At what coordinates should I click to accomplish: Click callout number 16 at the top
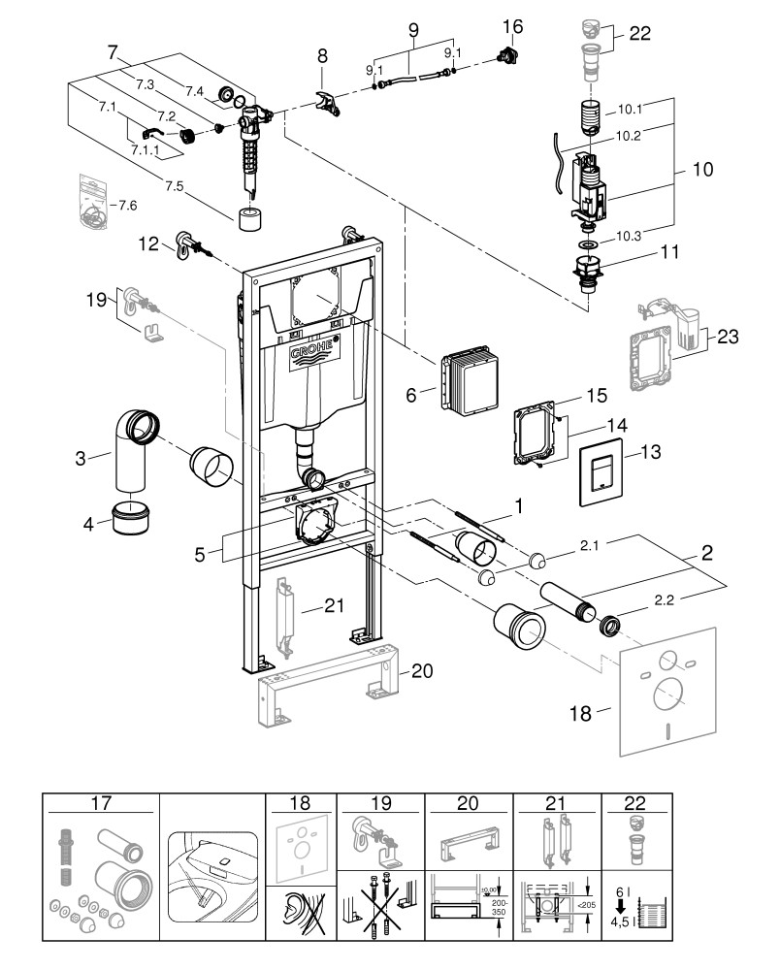(x=513, y=25)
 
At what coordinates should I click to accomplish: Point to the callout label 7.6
(x=127, y=206)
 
